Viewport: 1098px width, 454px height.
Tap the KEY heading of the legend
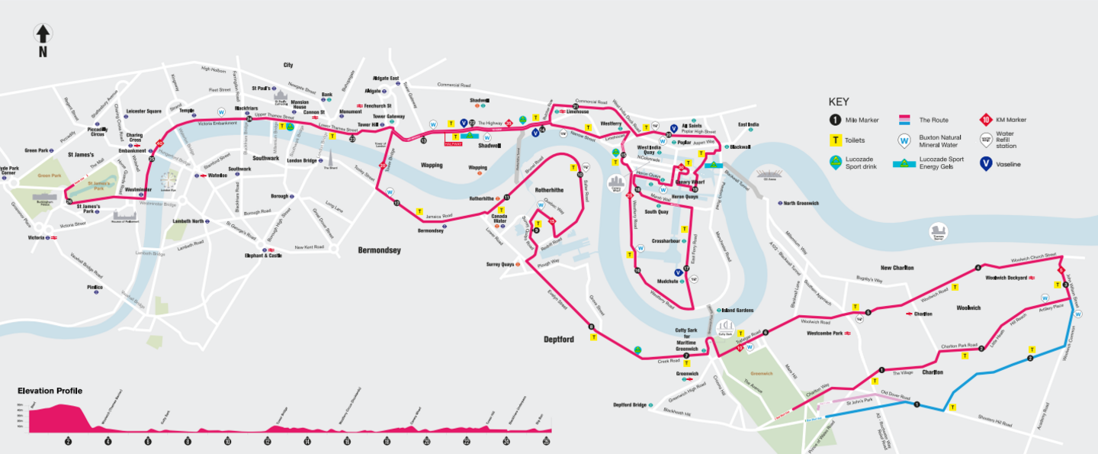[x=839, y=101]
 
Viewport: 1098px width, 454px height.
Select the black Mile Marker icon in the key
[x=836, y=120]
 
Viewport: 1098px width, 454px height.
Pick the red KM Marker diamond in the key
[x=986, y=120]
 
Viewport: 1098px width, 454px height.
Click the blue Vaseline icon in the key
[x=986, y=163]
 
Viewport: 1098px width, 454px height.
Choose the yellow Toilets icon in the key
[x=836, y=141]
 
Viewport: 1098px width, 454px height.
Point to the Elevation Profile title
[x=50, y=391]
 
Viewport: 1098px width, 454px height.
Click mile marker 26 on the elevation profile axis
[x=547, y=442]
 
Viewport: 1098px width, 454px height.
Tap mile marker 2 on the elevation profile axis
[x=68, y=442]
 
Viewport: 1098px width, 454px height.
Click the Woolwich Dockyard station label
[x=1006, y=278]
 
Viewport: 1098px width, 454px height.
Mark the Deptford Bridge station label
[x=630, y=405]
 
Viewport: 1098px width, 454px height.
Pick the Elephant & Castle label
[x=263, y=256]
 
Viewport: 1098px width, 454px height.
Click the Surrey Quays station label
[x=499, y=265]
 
